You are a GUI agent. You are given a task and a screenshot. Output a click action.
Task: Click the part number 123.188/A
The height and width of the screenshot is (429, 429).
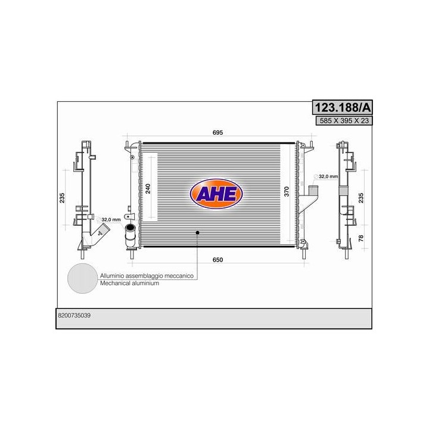tap(342, 107)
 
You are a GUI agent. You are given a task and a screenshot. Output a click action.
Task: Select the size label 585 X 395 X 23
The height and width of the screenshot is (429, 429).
tap(344, 120)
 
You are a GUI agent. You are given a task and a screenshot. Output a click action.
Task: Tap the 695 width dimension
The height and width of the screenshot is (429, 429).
tap(218, 132)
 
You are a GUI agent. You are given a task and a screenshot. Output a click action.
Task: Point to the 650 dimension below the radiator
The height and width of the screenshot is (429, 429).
tap(218, 260)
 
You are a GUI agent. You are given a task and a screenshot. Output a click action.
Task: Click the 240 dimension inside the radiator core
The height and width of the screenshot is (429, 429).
tap(148, 189)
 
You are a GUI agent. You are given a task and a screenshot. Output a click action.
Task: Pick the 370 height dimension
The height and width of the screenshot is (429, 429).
tap(287, 191)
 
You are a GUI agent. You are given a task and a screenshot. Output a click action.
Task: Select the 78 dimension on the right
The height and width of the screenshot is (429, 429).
tap(361, 238)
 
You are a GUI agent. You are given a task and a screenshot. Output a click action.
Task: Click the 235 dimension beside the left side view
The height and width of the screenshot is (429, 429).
tap(62, 198)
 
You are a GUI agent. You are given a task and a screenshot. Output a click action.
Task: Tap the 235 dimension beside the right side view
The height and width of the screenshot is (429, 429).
tap(361, 198)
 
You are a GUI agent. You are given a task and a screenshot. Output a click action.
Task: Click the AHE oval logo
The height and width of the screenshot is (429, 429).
tap(216, 194)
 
